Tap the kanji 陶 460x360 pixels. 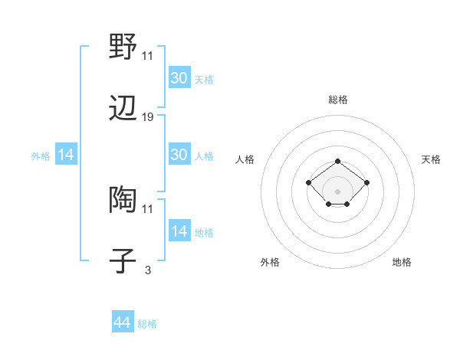click(x=123, y=200)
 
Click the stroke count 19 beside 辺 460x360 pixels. click(x=148, y=117)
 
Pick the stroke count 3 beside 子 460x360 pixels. click(x=148, y=269)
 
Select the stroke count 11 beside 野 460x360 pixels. click(x=148, y=55)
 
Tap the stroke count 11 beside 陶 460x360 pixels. click(x=148, y=208)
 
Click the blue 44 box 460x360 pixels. click(x=122, y=322)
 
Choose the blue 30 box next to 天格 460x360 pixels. click(x=179, y=77)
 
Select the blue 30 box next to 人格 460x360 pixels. click(x=179, y=155)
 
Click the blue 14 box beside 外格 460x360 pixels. click(x=66, y=155)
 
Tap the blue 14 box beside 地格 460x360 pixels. click(x=179, y=231)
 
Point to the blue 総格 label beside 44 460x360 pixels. click(x=147, y=324)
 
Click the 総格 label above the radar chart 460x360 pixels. click(x=337, y=100)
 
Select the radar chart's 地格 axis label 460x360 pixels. click(x=402, y=262)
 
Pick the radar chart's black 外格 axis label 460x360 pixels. click(x=270, y=262)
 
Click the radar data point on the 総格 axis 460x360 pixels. click(x=337, y=161)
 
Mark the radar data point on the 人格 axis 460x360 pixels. click(x=308, y=182)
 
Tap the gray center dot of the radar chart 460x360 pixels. click(x=337, y=191)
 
